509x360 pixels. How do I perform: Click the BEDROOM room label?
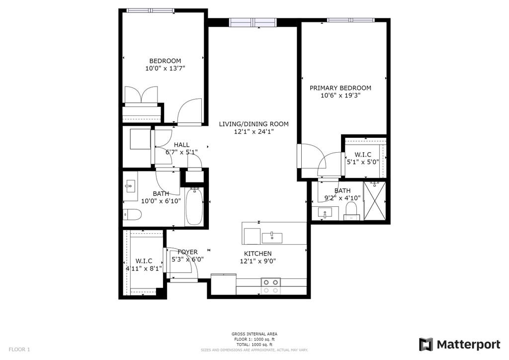point(165,61)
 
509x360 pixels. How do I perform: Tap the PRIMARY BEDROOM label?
point(340,88)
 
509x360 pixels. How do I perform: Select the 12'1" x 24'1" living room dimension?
point(254,132)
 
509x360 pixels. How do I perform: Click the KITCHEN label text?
point(258,254)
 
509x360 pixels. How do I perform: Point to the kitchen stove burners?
point(271,286)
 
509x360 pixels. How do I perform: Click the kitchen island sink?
point(272,238)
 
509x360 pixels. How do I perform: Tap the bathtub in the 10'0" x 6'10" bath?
point(194,206)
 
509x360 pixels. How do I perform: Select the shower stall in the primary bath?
point(375,201)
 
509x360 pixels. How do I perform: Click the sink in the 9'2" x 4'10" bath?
point(325,213)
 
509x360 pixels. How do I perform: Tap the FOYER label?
point(187,252)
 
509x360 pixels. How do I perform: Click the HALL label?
point(181,145)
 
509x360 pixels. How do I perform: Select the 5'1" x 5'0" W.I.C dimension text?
point(363,162)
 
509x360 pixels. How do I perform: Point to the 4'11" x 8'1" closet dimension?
point(144,268)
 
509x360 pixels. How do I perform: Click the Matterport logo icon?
point(426,345)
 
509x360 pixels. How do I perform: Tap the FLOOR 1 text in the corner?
point(19,350)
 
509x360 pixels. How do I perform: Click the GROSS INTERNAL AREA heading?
point(254,334)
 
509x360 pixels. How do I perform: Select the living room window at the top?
point(253,22)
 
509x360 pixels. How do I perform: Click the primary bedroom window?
point(351,20)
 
